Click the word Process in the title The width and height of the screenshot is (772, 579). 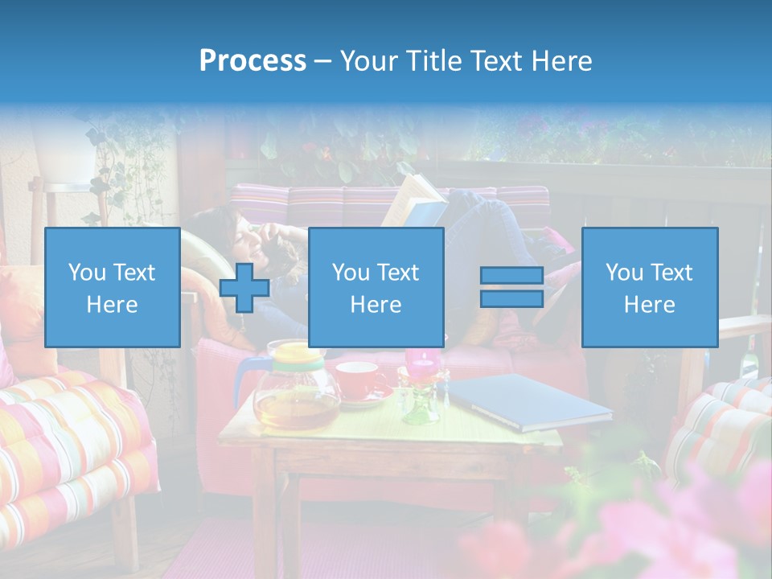[253, 60]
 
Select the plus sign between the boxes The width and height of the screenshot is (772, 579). [244, 288]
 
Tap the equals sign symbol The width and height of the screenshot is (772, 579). [511, 287]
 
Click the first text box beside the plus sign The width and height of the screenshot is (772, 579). [113, 287]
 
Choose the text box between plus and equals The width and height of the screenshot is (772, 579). [376, 287]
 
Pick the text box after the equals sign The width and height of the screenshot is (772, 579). [649, 287]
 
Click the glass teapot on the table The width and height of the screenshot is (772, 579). [296, 390]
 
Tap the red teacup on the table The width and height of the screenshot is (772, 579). [359, 379]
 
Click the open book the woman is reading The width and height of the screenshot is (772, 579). [414, 201]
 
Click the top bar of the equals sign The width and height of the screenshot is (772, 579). [511, 276]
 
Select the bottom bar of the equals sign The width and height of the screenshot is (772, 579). [511, 298]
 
